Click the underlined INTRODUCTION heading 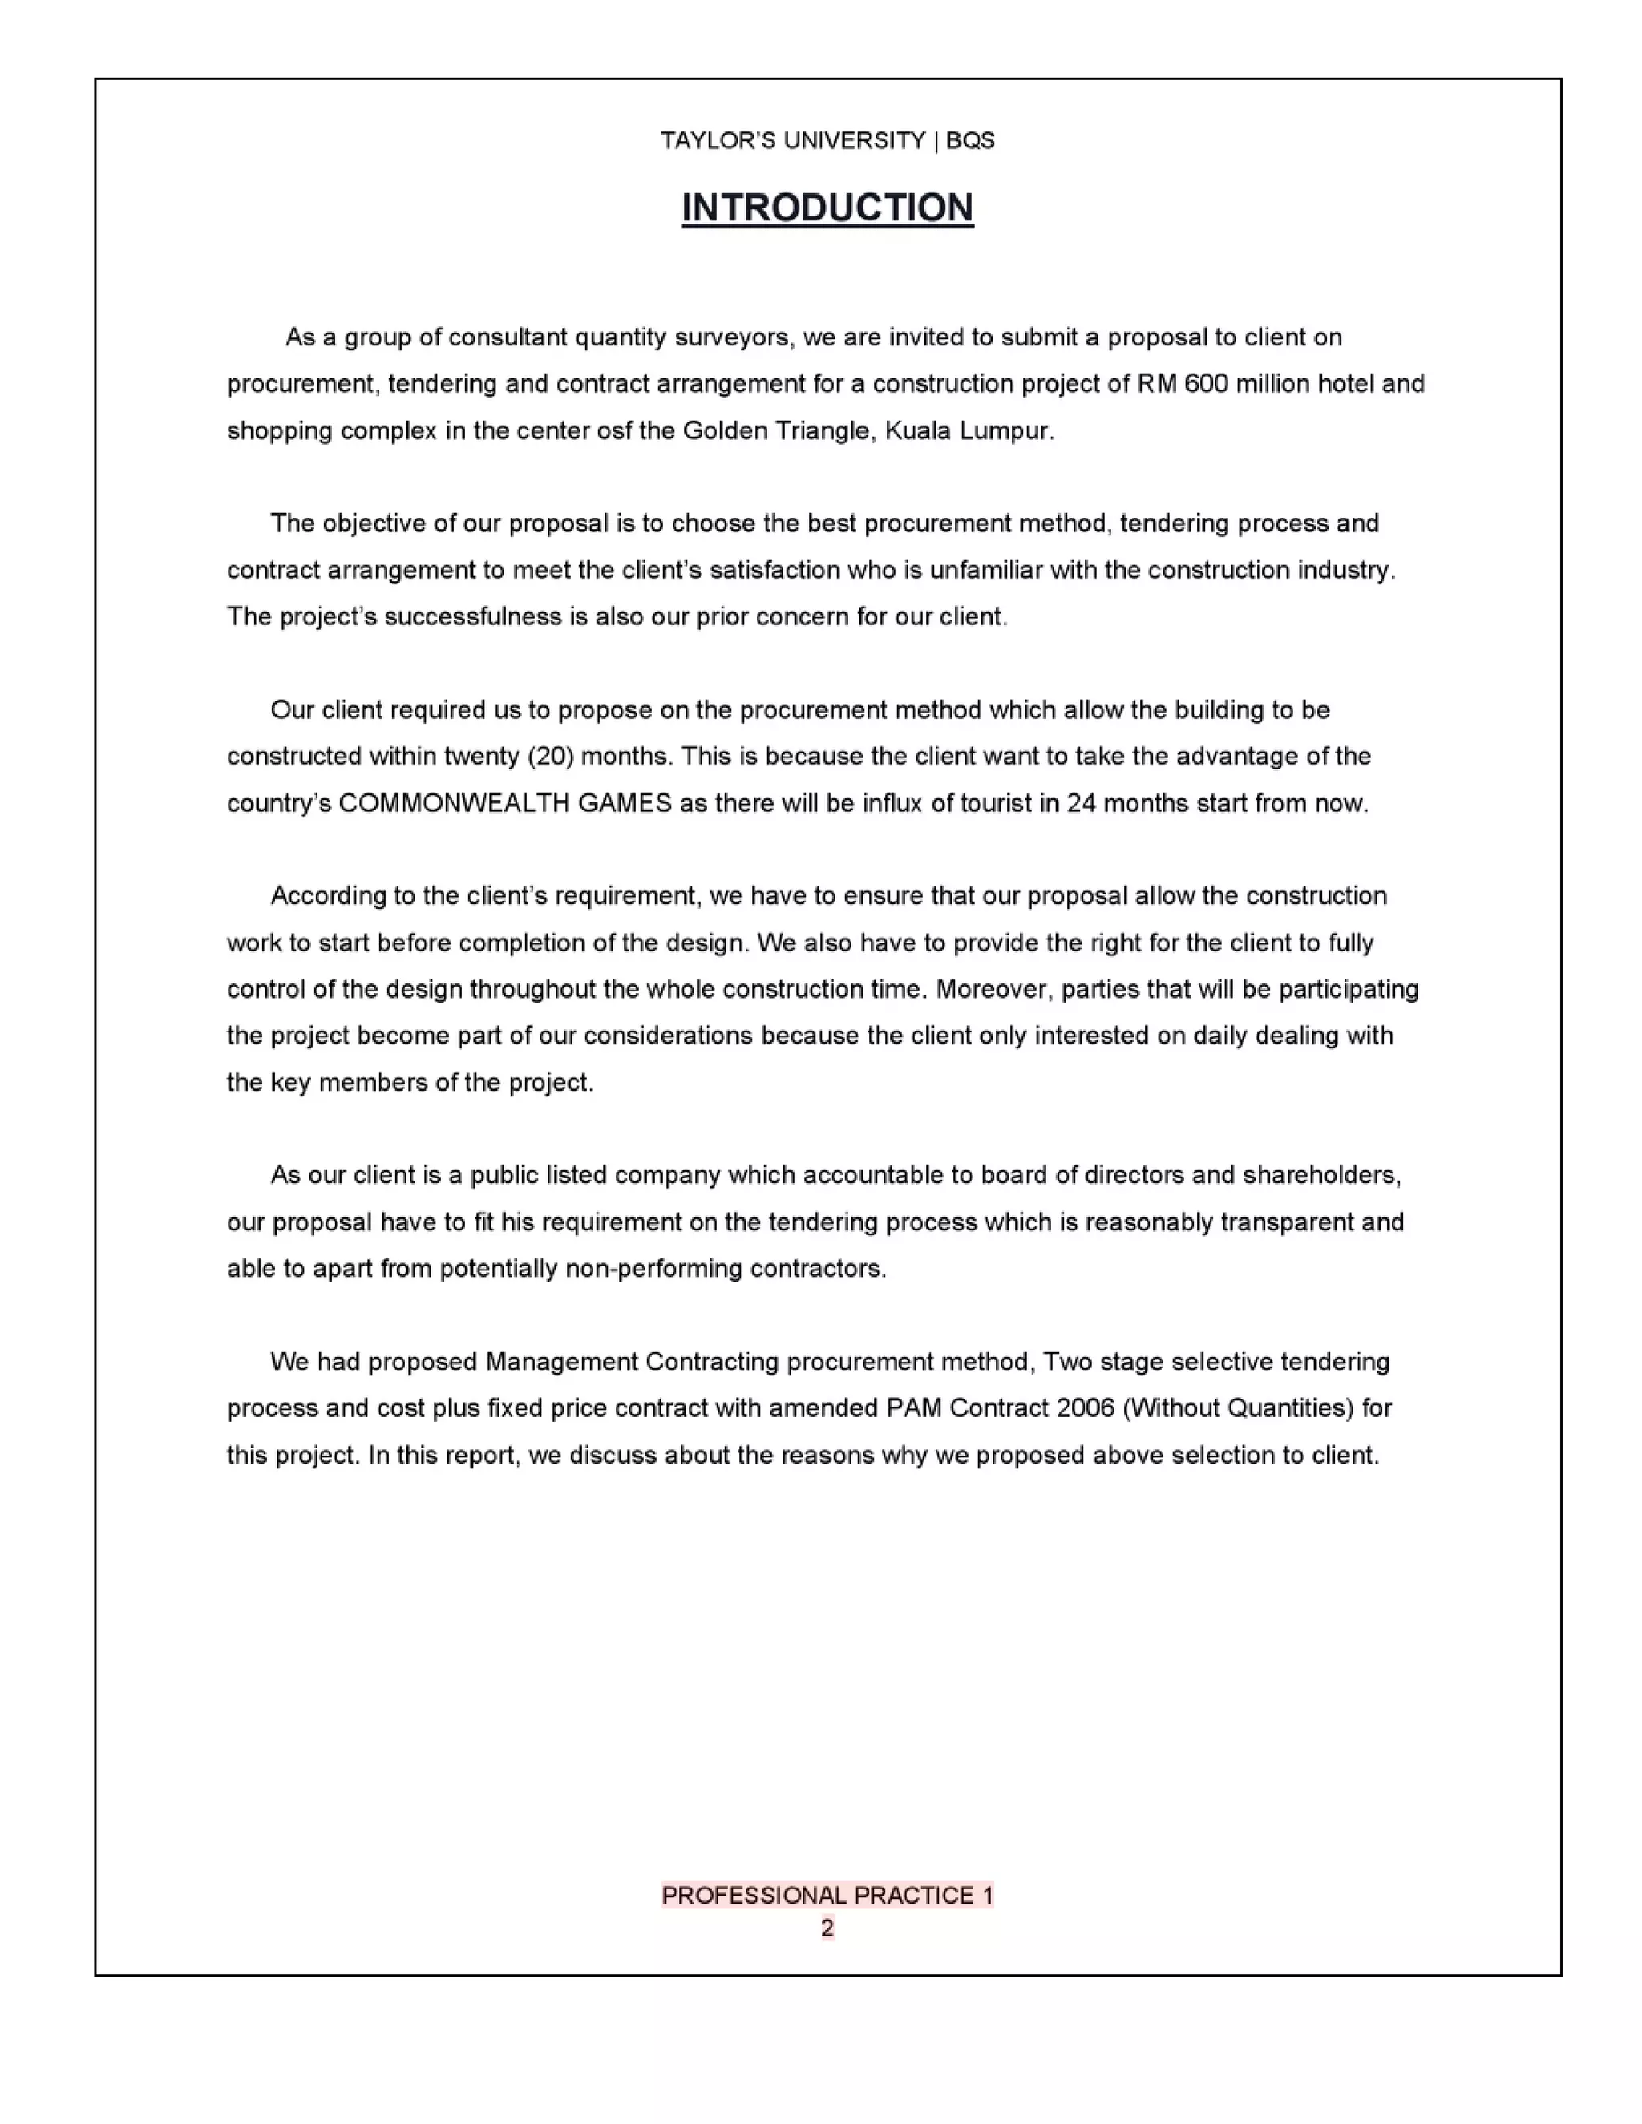click(827, 208)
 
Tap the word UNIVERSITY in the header click(854, 141)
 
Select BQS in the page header click(970, 141)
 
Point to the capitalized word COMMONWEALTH click(505, 803)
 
